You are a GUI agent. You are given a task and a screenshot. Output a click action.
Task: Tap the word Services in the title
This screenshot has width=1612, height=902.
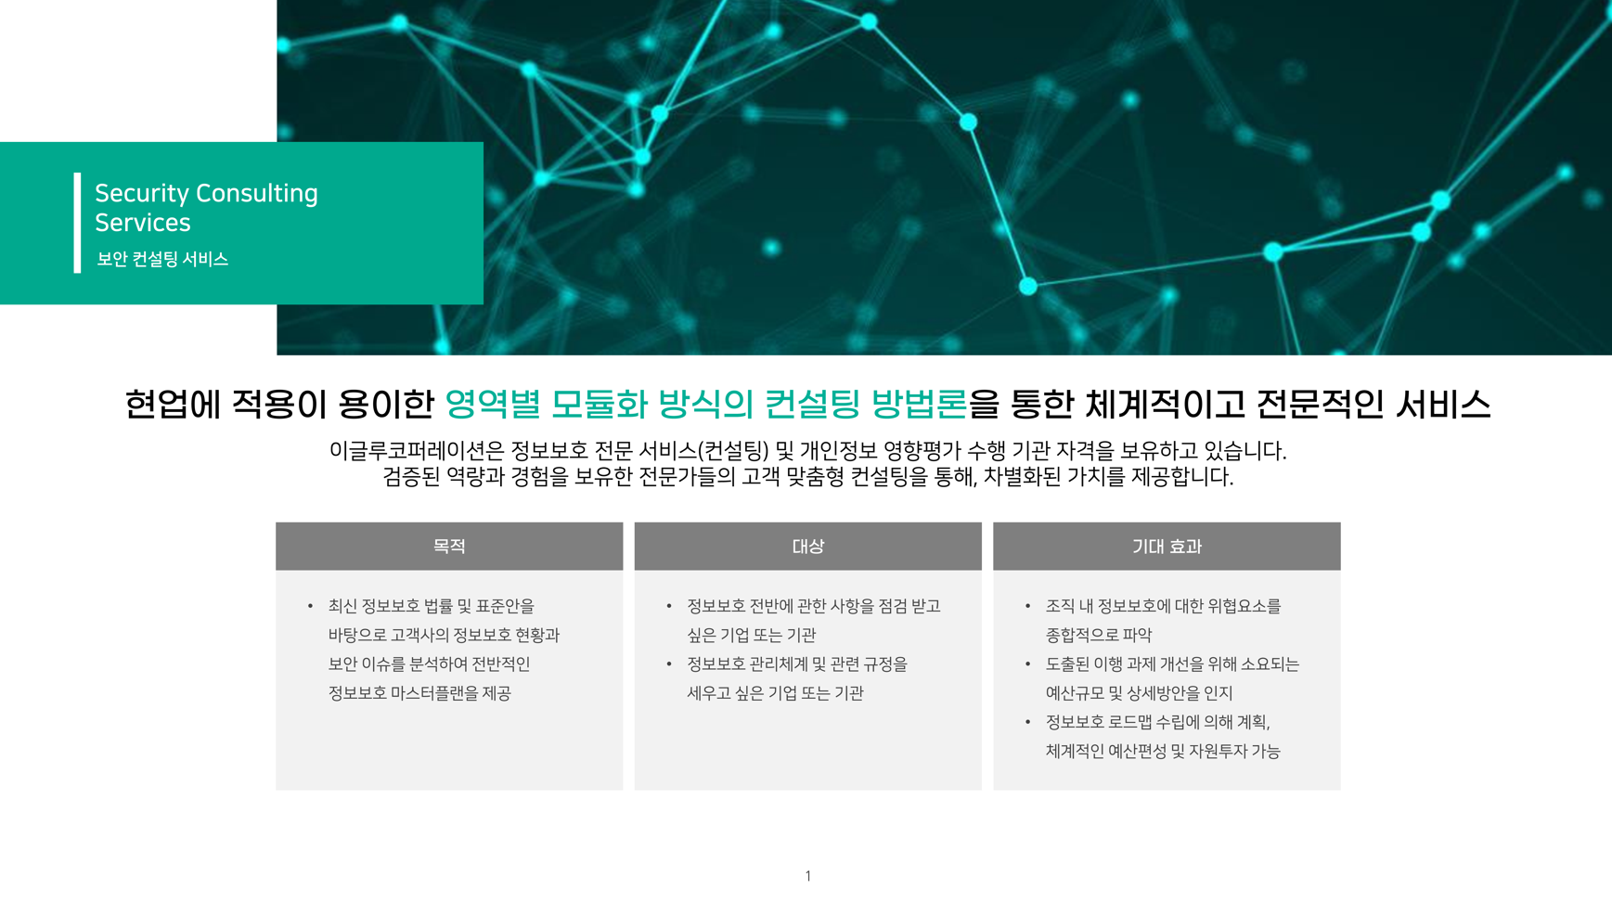(x=142, y=223)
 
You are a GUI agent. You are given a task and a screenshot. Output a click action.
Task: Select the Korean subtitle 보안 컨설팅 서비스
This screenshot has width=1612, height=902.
(x=162, y=259)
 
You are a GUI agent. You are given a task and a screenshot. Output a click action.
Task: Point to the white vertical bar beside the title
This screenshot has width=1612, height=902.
(x=77, y=223)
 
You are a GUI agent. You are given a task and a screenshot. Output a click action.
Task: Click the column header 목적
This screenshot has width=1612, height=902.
(x=449, y=547)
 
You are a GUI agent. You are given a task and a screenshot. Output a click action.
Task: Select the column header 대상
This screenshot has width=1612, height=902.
(x=807, y=547)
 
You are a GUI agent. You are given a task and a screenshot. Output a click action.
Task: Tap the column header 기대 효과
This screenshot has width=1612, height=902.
(x=1167, y=547)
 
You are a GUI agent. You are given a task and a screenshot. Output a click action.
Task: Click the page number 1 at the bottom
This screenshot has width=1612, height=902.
(x=807, y=876)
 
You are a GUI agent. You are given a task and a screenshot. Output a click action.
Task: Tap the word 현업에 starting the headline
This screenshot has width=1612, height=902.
(x=173, y=404)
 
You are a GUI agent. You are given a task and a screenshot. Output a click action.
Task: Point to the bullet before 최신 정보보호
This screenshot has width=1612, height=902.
(x=310, y=607)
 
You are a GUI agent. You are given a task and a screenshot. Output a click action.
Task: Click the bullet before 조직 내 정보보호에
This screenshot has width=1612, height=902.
(x=1027, y=607)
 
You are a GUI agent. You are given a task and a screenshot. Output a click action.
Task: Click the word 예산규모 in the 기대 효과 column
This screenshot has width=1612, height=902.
(x=1075, y=693)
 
